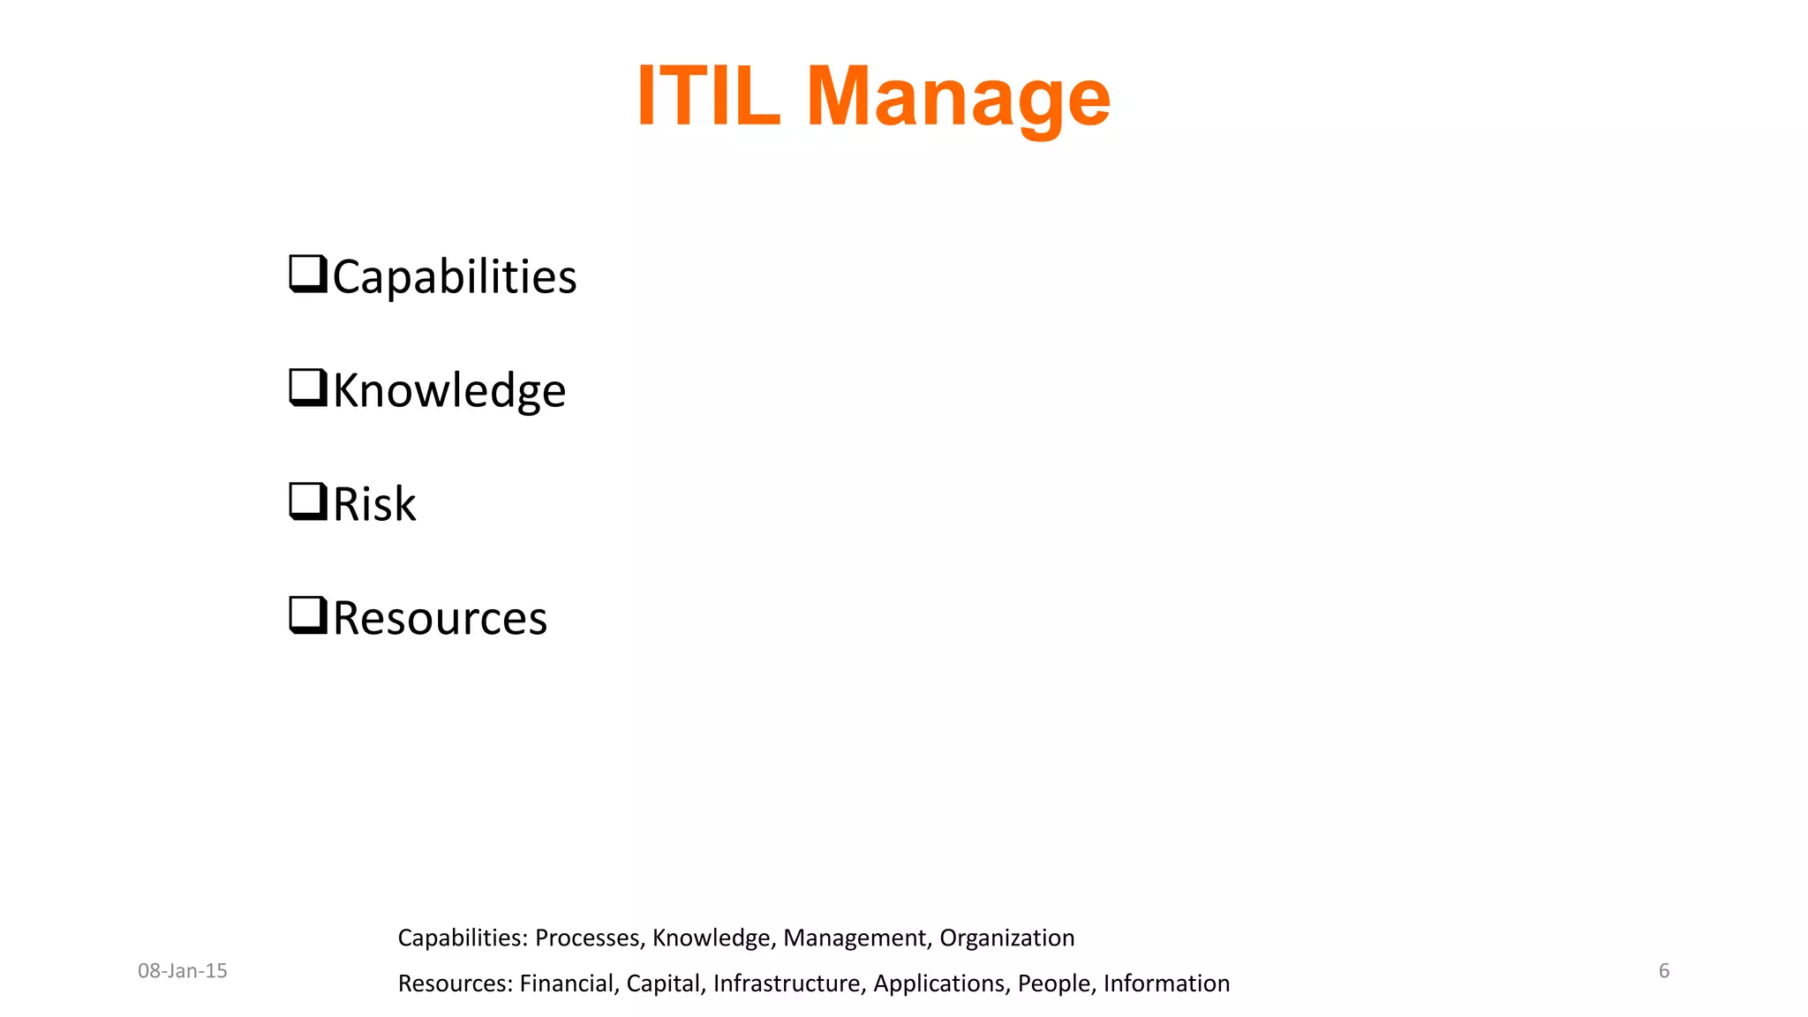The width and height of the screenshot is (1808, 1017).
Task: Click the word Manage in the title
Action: [958, 98]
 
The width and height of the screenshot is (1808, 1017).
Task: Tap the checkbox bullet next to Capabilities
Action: [308, 274]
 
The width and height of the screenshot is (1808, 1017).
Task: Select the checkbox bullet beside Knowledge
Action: [308, 388]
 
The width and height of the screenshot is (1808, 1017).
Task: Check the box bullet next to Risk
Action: [308, 501]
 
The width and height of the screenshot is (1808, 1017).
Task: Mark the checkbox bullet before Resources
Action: [308, 615]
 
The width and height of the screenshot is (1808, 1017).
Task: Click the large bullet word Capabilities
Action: [455, 276]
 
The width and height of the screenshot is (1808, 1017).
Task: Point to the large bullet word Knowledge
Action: [449, 390]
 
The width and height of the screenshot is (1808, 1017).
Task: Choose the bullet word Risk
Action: [374, 504]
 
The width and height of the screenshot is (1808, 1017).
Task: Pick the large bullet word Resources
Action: [440, 618]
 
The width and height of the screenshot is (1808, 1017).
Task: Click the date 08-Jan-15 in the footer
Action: [182, 971]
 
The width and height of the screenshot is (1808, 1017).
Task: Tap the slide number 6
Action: [1664, 971]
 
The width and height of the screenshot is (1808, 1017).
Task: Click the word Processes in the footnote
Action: [588, 938]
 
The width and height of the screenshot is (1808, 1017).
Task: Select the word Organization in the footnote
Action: [1006, 938]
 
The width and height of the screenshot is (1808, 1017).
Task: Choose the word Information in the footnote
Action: [1166, 983]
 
